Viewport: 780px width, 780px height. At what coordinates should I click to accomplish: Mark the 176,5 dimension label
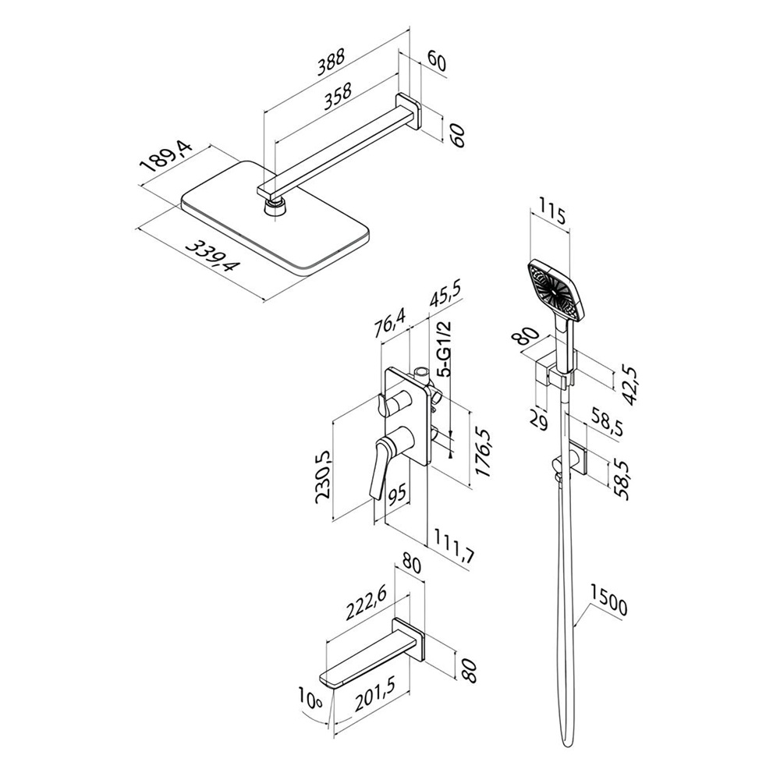(x=482, y=455)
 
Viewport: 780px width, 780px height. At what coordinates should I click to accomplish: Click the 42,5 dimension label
(x=628, y=378)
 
